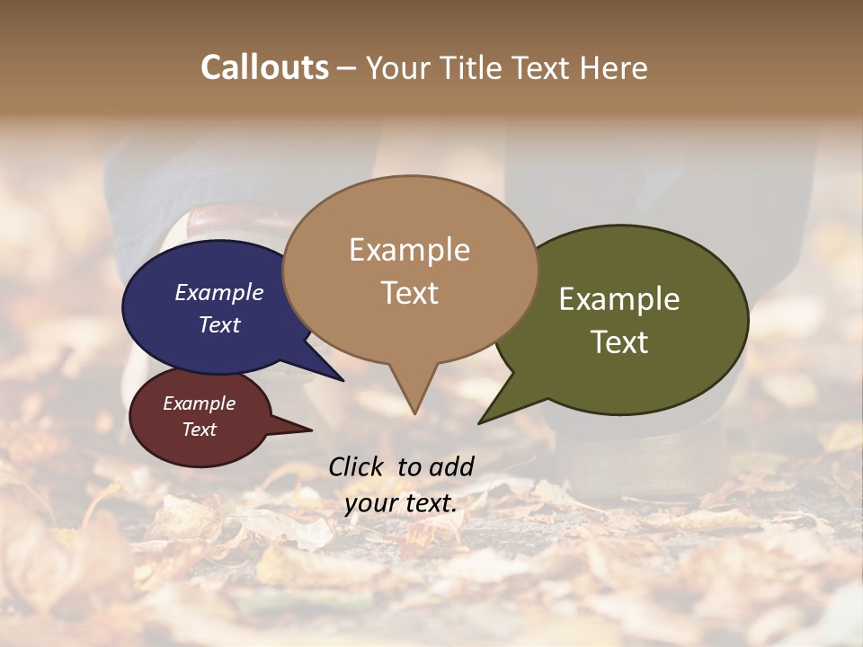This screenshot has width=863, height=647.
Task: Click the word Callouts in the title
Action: [x=264, y=67]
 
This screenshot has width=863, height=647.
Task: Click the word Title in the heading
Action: [x=472, y=67]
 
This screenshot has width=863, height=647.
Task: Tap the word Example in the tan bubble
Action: [x=409, y=250]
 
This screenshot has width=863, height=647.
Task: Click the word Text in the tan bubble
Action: [x=409, y=292]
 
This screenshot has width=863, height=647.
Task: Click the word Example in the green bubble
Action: [x=619, y=299]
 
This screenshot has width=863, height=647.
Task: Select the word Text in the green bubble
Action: [x=619, y=342]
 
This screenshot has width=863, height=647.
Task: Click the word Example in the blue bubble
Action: [x=219, y=292]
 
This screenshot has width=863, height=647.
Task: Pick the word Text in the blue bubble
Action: [x=219, y=324]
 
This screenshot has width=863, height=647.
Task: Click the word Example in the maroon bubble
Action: [x=200, y=403]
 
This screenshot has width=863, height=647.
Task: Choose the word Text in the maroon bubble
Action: [x=200, y=430]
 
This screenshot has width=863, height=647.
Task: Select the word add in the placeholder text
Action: [x=451, y=465]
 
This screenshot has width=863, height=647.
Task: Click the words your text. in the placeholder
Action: [x=401, y=503]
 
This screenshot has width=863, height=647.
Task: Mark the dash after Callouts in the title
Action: [x=347, y=67]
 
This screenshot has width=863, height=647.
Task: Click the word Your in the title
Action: [x=399, y=67]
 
